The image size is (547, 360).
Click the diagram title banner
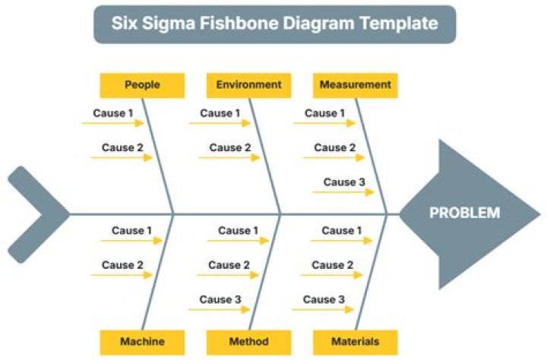(x=274, y=24)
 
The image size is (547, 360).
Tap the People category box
(x=142, y=85)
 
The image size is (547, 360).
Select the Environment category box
(x=248, y=85)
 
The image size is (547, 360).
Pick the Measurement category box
(x=355, y=85)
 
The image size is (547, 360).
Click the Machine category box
(x=142, y=342)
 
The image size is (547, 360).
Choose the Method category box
(x=248, y=342)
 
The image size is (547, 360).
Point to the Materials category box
(x=355, y=342)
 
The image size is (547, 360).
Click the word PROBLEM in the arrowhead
(x=464, y=213)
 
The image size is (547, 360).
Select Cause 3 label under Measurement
(x=340, y=182)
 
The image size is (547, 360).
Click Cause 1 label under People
(x=113, y=114)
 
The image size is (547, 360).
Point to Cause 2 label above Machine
(x=122, y=266)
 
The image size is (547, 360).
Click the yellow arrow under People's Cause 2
(x=122, y=158)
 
